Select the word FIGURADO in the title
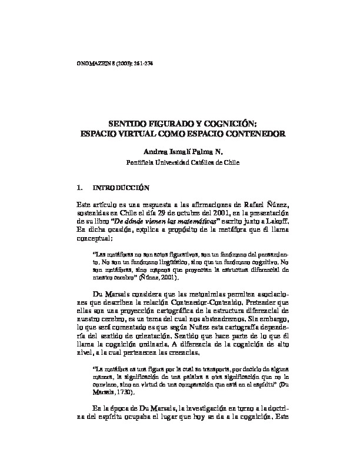pos(161,124)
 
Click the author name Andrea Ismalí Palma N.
pos(180,151)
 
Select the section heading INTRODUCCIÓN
pos(122,189)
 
